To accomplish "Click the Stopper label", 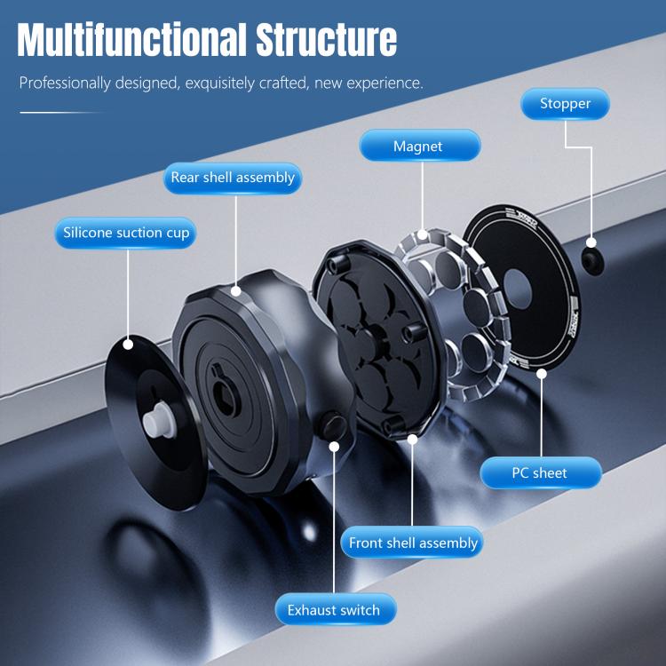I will coord(565,104).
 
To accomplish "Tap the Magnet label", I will coord(419,146).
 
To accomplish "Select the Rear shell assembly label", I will coord(233,178).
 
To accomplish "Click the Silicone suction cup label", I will coord(126,234).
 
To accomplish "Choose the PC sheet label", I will coord(540,472).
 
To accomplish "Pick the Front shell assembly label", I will coord(413,543).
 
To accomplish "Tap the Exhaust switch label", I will coord(333,610).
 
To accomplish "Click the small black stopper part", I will coord(591,258).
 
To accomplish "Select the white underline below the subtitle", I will coord(62,113).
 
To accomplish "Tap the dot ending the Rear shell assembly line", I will coord(235,289).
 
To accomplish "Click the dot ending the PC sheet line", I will coord(541,373).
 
